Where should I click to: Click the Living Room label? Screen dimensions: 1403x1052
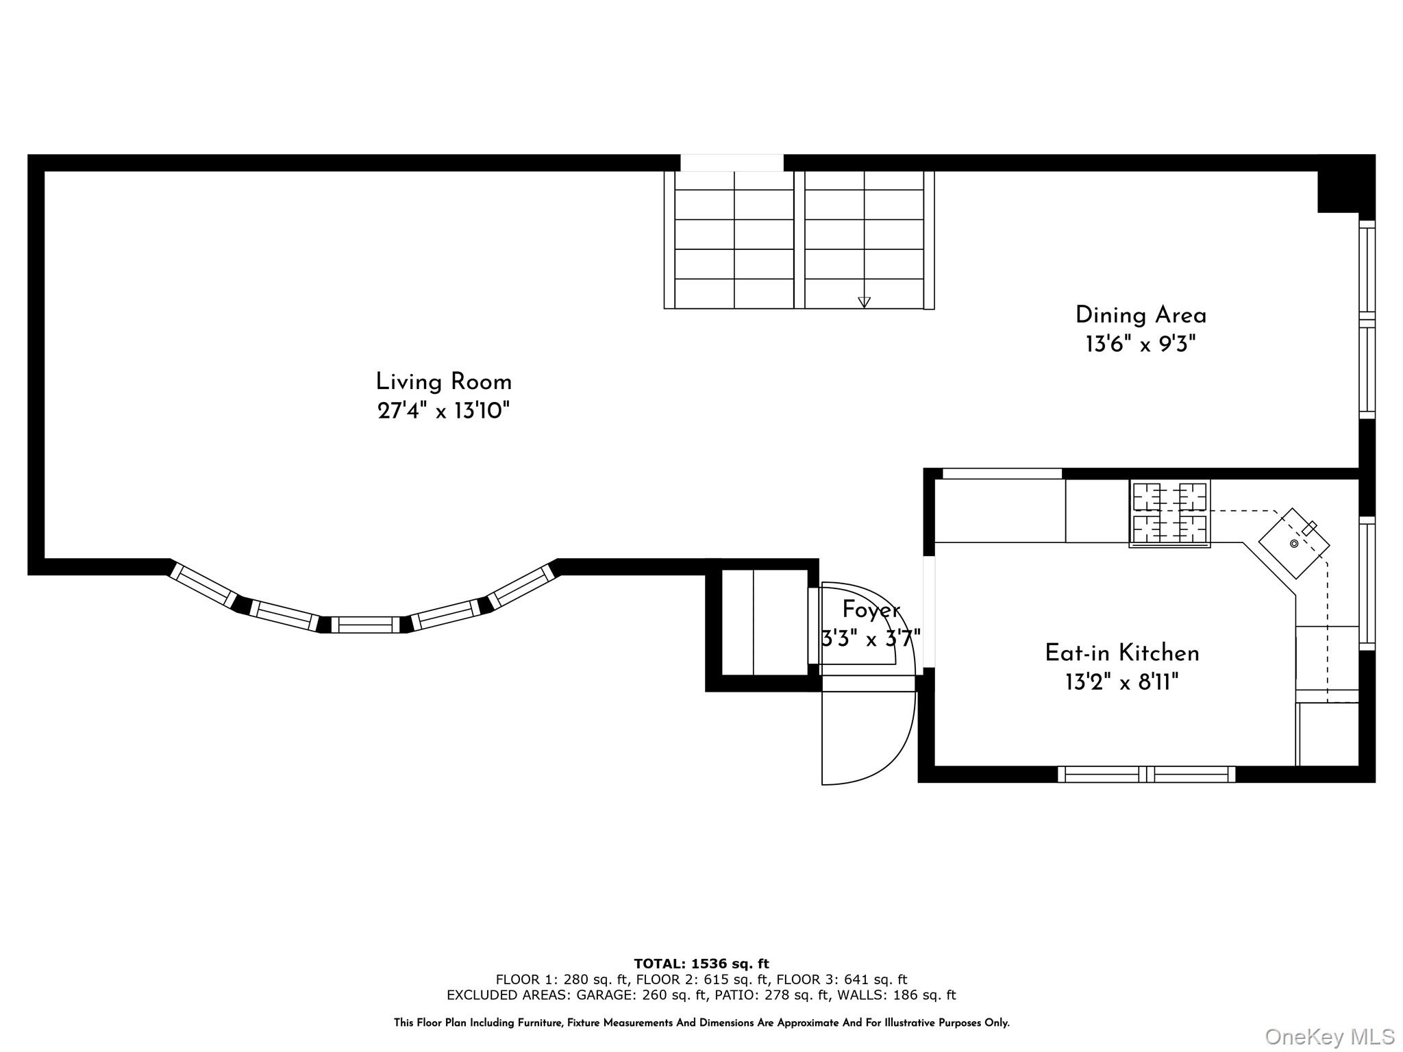click(444, 381)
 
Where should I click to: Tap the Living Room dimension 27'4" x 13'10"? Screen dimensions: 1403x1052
click(444, 411)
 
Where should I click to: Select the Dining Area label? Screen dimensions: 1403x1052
click(1141, 315)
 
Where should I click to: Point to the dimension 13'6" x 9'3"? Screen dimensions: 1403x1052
click(1141, 344)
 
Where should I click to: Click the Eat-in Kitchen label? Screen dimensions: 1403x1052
click(1122, 653)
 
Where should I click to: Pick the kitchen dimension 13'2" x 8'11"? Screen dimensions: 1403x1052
click(1122, 682)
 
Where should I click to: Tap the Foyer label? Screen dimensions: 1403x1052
click(871, 610)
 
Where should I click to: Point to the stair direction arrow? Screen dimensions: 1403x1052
click(864, 302)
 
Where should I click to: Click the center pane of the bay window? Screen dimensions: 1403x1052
click(365, 625)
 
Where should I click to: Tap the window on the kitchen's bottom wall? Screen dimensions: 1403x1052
click(1146, 774)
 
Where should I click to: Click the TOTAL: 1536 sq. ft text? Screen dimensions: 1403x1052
click(701, 964)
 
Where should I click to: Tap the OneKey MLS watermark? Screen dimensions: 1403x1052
click(1330, 1037)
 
